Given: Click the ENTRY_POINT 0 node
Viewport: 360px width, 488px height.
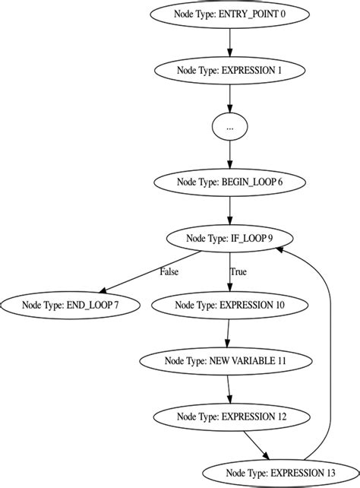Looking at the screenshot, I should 229,14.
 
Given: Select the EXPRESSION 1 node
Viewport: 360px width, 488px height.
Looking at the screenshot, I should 229,70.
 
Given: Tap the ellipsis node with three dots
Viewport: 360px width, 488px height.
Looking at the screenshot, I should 229,127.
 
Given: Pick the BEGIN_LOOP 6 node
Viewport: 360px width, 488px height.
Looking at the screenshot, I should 229,182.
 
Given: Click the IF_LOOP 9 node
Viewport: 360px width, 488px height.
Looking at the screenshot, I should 229,238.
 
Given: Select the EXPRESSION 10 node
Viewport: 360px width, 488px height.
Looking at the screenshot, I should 229,304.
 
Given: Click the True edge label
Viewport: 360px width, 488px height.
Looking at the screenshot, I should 238,271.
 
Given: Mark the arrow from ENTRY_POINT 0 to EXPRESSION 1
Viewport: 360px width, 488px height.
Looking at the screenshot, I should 229,42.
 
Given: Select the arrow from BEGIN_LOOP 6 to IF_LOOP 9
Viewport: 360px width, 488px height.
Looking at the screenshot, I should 229,210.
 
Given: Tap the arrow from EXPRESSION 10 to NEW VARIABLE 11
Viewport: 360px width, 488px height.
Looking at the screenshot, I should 228,332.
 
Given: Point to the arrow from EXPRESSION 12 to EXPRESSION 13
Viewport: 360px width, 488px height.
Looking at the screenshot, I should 256,444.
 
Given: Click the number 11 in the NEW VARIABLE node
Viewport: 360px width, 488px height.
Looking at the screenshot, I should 281,360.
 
